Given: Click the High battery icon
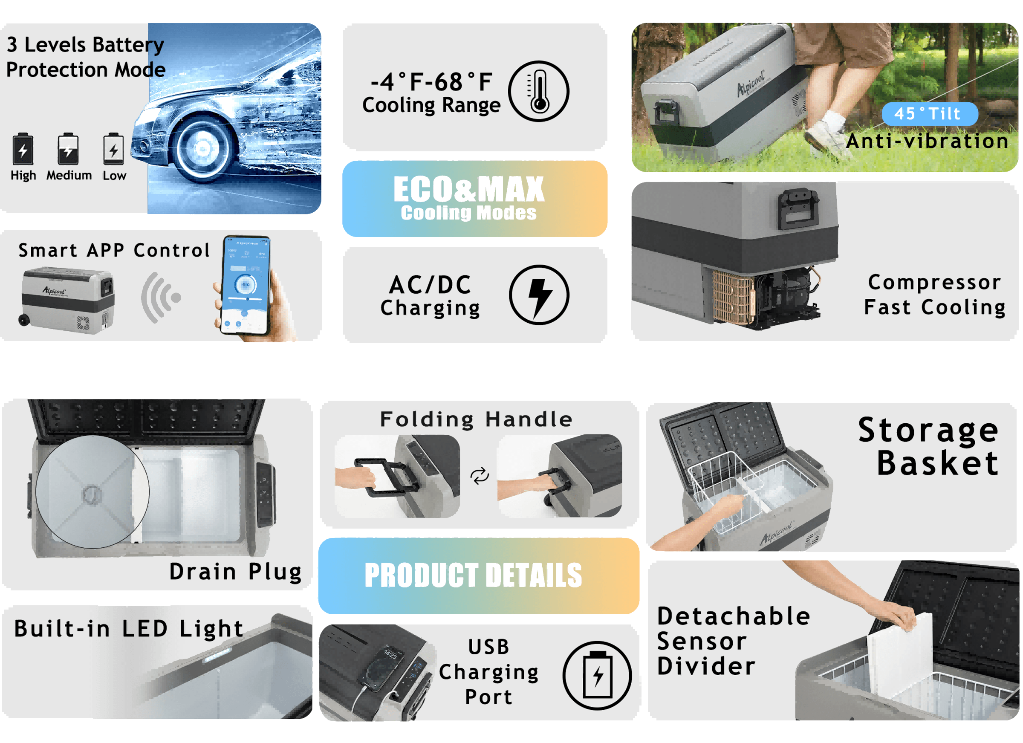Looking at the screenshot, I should tap(23, 149).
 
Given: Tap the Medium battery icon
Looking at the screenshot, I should tap(68, 149).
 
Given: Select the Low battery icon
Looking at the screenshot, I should tap(113, 149).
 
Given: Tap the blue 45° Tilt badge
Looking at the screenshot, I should tap(929, 114).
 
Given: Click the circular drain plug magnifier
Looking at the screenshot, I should tap(92, 492).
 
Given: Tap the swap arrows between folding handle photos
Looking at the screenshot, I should tap(479, 475).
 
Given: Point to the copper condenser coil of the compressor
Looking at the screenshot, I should tap(733, 295).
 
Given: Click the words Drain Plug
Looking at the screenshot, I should tap(235, 572).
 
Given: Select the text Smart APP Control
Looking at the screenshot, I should tap(114, 250).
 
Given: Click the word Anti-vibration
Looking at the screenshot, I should tap(927, 141).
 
